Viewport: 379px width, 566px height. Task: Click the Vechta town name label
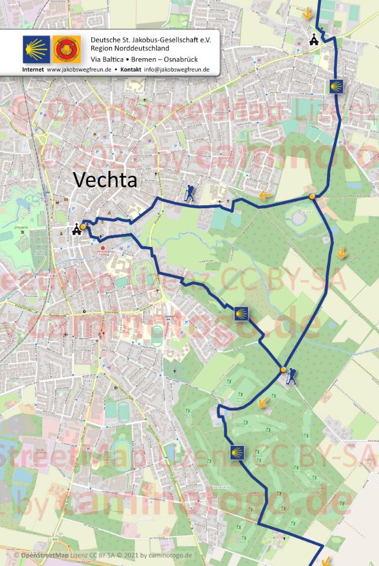click(x=105, y=179)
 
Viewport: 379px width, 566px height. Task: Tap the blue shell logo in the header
click(x=36, y=49)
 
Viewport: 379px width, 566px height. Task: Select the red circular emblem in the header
click(x=67, y=49)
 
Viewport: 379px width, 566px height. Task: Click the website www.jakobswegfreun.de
click(x=78, y=70)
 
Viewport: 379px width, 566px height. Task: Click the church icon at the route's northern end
click(x=314, y=40)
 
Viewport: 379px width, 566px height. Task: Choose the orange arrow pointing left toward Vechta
click(x=264, y=196)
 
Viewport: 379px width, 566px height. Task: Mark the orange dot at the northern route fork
click(x=312, y=197)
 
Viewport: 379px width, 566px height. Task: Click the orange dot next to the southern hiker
click(x=283, y=370)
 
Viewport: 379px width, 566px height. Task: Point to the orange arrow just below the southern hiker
click(x=263, y=402)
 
